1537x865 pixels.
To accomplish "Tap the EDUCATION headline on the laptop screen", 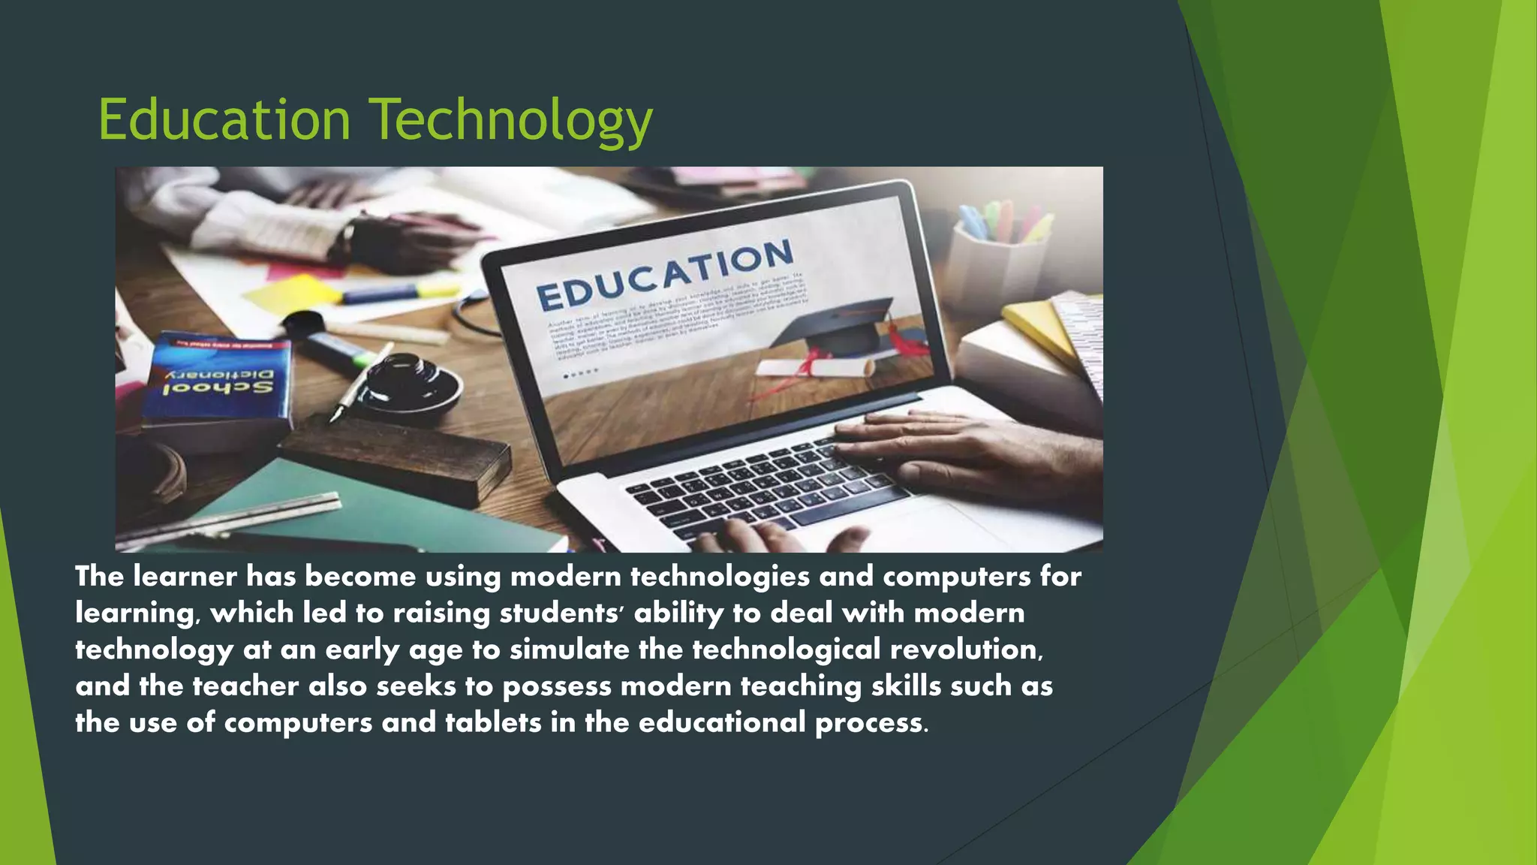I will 665,275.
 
